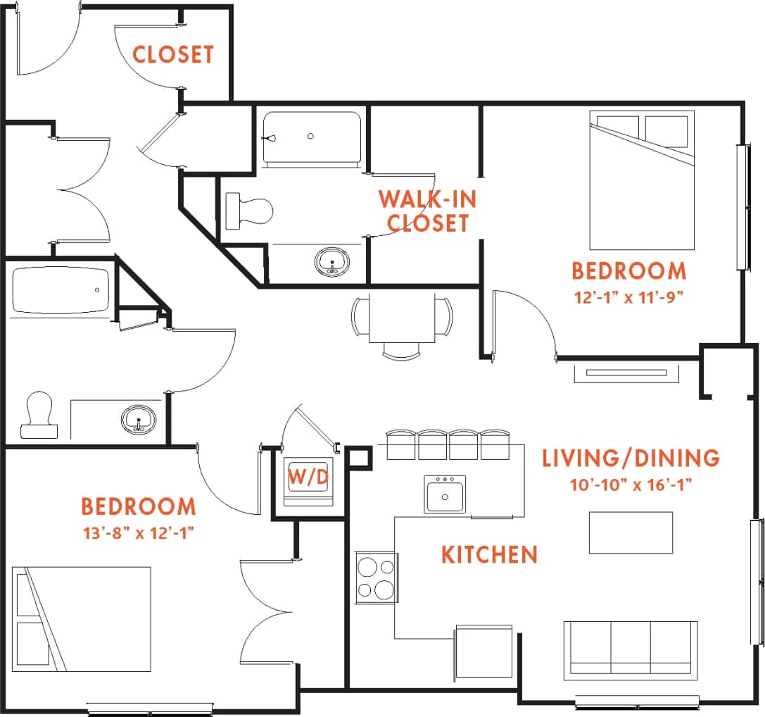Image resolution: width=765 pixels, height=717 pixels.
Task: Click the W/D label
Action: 309,477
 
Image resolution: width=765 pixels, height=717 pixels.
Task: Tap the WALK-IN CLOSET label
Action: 427,211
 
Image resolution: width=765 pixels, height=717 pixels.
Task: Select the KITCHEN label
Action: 489,554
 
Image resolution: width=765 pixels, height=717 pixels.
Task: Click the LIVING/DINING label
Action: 631,458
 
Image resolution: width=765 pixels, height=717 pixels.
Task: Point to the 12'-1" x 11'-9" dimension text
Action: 628,296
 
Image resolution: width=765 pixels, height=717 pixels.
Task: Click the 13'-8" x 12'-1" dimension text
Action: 138,532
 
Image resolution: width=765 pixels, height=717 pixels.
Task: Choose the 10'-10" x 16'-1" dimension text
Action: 631,485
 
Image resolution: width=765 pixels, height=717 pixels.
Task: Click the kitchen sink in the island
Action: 445,494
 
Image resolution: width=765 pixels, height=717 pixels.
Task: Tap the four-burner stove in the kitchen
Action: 376,578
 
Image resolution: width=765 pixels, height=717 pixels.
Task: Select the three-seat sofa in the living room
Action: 631,649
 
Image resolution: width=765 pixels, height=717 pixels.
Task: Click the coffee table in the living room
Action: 631,532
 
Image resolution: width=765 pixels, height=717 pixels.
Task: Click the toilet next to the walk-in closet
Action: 251,210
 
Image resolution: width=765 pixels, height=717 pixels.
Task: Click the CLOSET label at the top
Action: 172,54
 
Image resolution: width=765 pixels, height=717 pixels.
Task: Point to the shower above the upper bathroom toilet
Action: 312,137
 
